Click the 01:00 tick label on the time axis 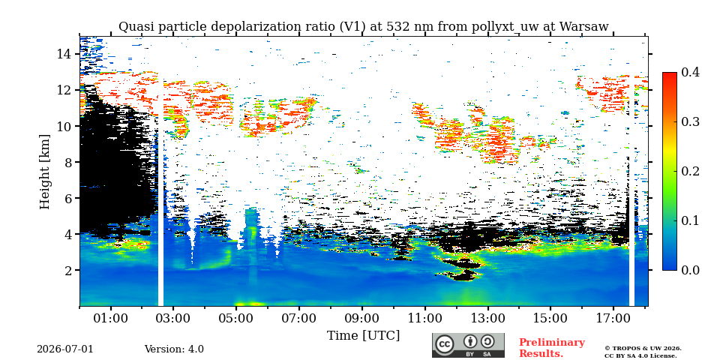point(111,318)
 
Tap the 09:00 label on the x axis point(361,318)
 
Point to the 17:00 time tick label point(613,318)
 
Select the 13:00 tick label point(487,318)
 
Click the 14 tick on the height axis point(64,54)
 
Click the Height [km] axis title point(44,172)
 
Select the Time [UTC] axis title point(363,336)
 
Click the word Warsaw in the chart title point(585,27)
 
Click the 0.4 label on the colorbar point(690,72)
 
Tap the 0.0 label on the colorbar point(690,270)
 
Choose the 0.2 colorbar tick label point(690,171)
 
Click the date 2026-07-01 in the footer point(65,349)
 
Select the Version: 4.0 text point(174,349)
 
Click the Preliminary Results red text point(552,348)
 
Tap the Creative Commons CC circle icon point(444,344)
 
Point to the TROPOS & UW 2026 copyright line point(643,349)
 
